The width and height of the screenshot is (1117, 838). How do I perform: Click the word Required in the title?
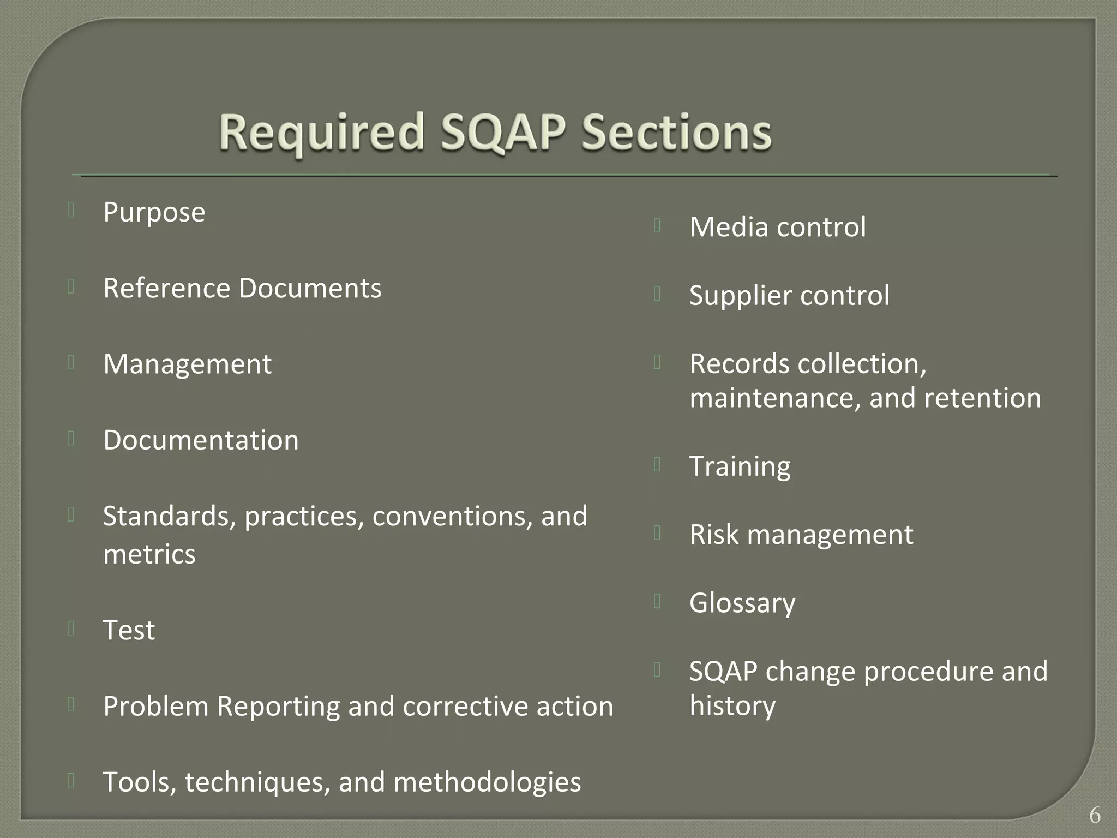point(321,133)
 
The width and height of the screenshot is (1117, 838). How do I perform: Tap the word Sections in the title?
point(676,133)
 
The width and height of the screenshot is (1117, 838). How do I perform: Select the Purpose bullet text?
point(154,212)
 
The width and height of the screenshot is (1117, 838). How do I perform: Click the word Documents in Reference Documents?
point(310,288)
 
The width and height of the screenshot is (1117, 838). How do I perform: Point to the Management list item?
point(187,364)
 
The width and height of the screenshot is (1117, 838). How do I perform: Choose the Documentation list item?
point(201,440)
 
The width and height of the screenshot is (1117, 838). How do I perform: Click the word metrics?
point(149,554)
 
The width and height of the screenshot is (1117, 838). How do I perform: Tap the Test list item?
point(129,630)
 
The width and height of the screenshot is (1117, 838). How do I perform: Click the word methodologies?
point(487,782)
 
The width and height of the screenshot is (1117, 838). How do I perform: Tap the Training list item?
point(740,466)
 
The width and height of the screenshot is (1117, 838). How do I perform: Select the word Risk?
point(713,535)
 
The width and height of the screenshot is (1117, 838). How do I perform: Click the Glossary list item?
point(742,603)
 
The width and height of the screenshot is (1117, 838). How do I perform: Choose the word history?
point(732,705)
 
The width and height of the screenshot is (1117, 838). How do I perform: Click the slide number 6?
point(1095,816)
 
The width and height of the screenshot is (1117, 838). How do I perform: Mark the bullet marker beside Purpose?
point(71,211)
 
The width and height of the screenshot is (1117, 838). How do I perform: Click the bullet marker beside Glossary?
point(657,601)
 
